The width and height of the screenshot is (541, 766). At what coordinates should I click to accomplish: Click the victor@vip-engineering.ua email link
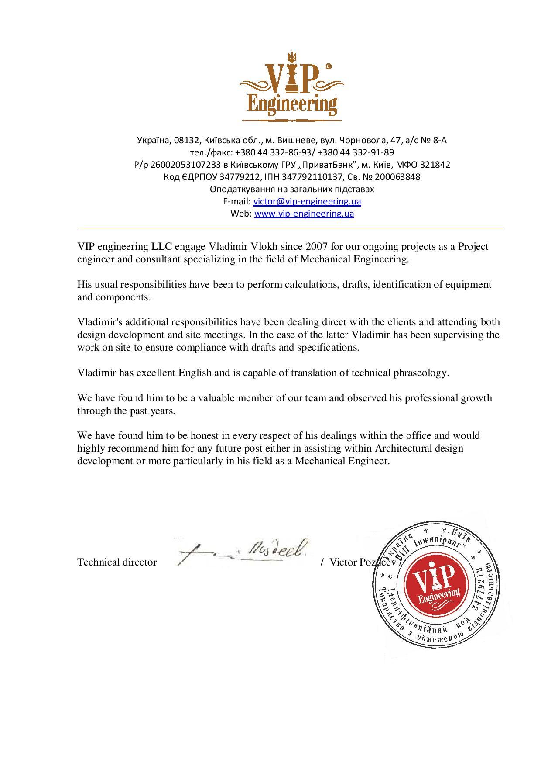(x=307, y=201)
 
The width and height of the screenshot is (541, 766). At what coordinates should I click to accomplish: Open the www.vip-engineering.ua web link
(x=304, y=214)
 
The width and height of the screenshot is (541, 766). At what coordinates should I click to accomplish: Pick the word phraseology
(x=421, y=373)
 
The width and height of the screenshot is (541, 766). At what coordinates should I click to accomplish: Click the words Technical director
(x=117, y=562)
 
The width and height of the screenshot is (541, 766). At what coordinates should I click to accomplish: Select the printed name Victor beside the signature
(x=343, y=562)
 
